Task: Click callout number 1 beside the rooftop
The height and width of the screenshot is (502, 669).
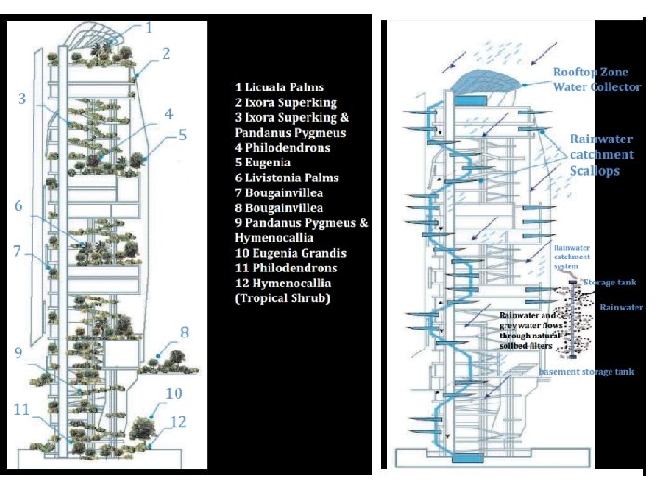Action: coord(149,27)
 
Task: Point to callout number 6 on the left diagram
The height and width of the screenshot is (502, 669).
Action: coord(19,205)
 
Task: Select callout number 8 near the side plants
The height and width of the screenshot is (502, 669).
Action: coord(184,332)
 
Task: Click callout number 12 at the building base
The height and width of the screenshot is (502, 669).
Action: coord(178,422)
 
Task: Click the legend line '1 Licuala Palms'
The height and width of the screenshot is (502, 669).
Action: coord(279,87)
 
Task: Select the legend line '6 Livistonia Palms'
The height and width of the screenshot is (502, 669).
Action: coord(286,178)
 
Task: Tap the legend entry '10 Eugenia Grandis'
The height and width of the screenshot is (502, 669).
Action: coord(290,253)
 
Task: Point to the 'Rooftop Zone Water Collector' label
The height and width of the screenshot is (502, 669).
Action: coord(597,79)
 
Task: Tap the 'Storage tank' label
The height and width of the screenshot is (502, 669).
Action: coord(610,282)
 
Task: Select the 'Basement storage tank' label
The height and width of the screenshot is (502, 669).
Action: coord(587,372)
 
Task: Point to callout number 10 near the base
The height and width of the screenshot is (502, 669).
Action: coord(175,393)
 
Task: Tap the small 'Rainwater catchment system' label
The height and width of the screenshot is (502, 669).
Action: coord(572,258)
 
